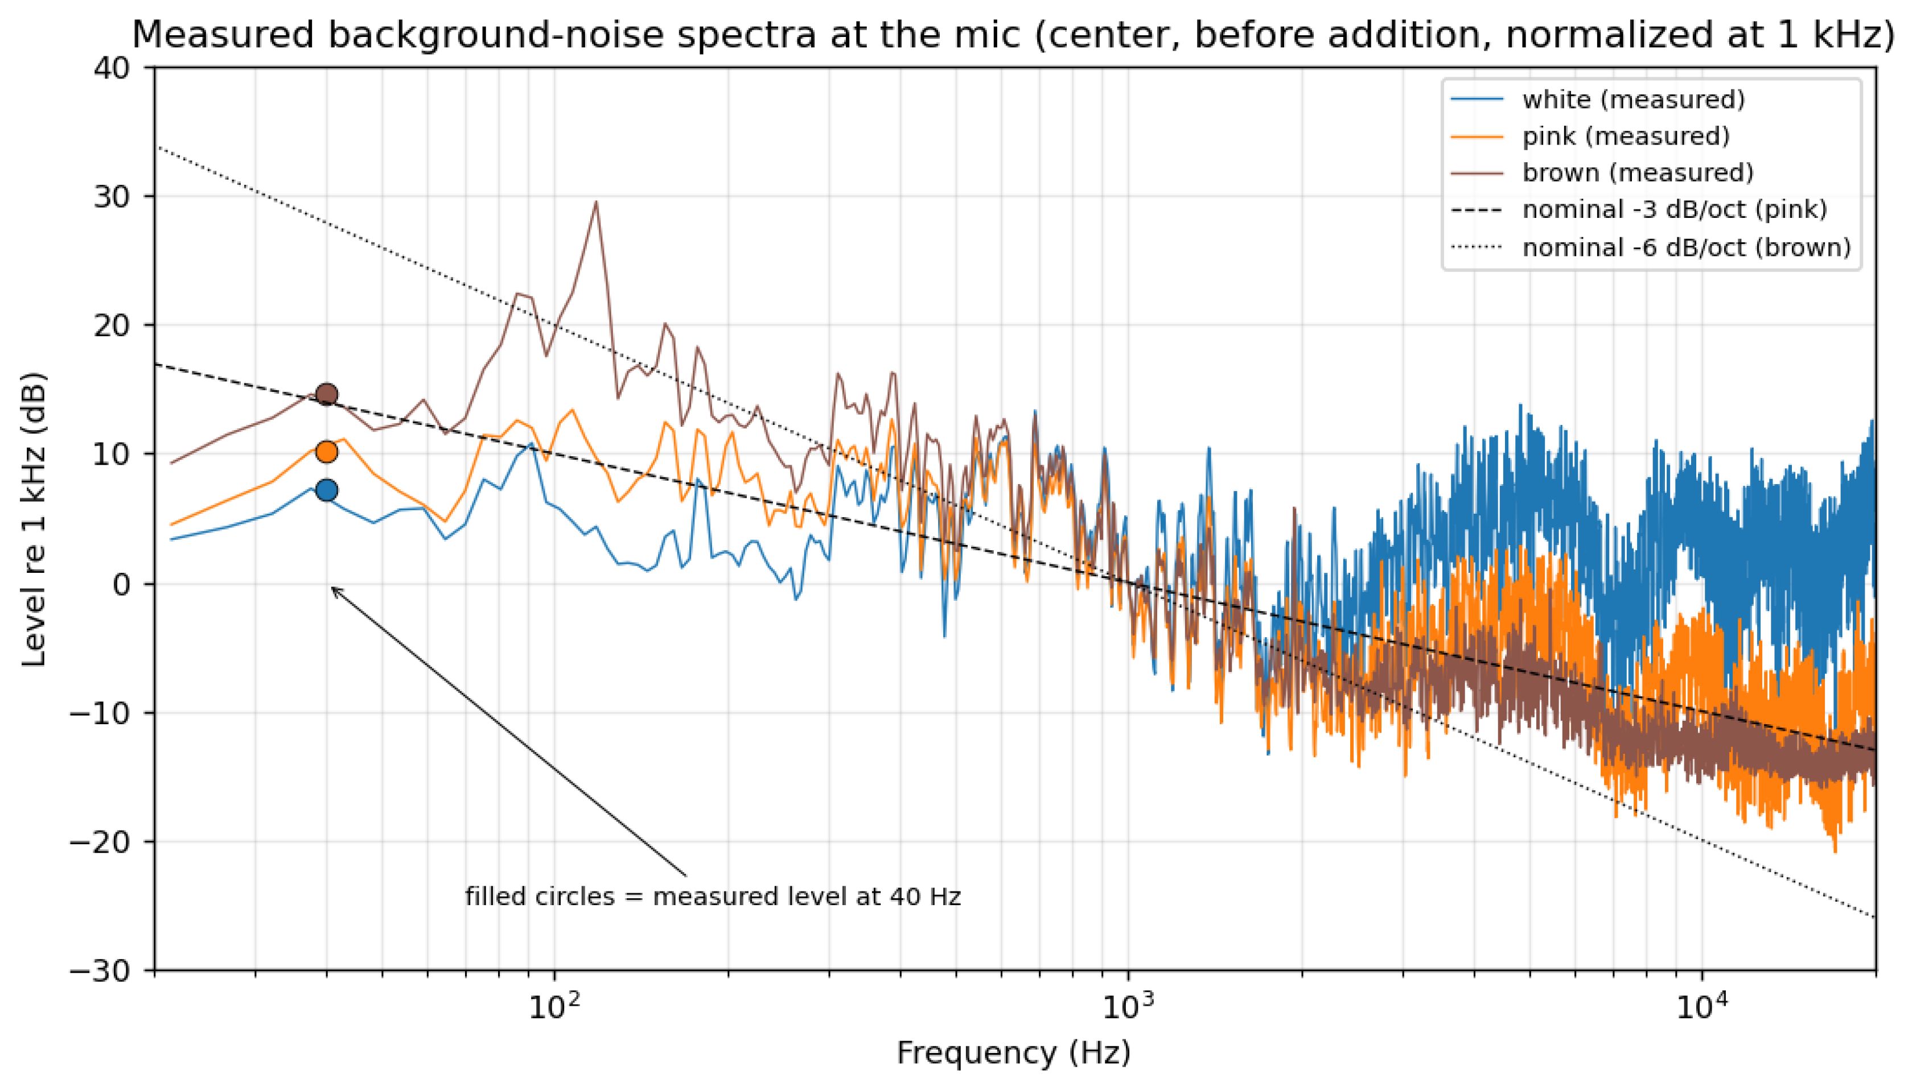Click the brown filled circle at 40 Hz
(x=327, y=394)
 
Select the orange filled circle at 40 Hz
(x=327, y=452)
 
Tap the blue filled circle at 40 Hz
(x=327, y=491)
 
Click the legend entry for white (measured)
(x=1597, y=100)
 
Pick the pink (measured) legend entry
(x=1590, y=137)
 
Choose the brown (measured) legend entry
(x=1602, y=173)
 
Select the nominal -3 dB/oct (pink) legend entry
(x=1639, y=209)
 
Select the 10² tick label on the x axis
(x=554, y=1007)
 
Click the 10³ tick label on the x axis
(x=1129, y=1007)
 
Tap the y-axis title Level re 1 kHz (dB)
(x=34, y=519)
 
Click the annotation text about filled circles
(x=713, y=897)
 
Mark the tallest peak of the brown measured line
(x=596, y=201)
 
